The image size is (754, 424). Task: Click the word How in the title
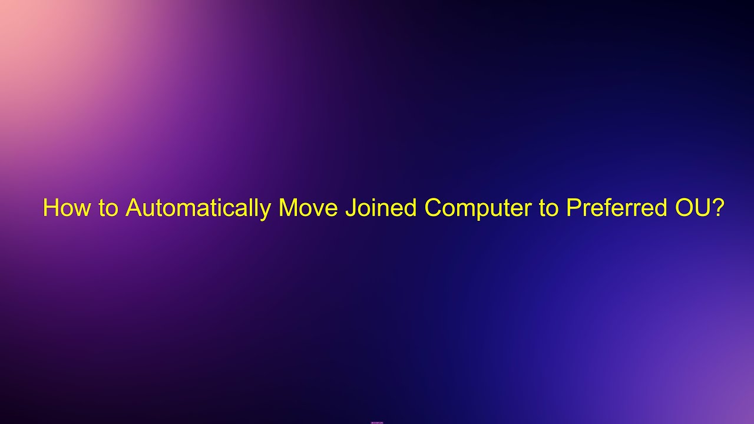62,208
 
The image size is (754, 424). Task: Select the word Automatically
198,208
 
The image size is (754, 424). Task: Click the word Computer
478,208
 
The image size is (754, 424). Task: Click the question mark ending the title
718,208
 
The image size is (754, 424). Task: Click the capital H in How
50,208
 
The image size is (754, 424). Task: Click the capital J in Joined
349,208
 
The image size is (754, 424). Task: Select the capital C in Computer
433,208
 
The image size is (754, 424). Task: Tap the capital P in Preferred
573,208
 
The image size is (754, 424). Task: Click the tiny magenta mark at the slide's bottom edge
377,422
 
